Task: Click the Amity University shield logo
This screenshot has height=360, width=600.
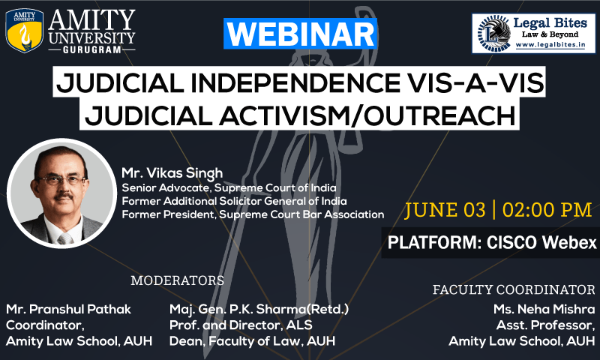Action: click(x=25, y=31)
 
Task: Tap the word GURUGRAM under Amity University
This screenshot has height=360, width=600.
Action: click(x=91, y=49)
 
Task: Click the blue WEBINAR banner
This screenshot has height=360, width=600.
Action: click(x=301, y=34)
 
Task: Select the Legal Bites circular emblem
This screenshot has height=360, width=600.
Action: click(x=494, y=34)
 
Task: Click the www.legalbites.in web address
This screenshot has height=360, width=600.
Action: click(x=550, y=45)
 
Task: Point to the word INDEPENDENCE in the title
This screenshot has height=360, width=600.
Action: click(x=295, y=82)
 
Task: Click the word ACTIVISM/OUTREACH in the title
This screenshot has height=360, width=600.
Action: click(x=367, y=115)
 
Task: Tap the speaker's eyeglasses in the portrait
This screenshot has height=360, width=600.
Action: click(x=61, y=180)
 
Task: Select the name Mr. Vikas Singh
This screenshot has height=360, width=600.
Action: click(x=172, y=173)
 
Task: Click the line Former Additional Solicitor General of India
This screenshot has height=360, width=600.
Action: click(x=234, y=201)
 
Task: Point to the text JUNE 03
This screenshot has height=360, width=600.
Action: click(x=445, y=210)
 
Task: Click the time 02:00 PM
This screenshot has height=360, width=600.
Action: click(x=547, y=210)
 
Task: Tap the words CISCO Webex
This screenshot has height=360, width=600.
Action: click(x=541, y=242)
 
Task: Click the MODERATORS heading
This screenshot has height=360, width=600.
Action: click(x=177, y=280)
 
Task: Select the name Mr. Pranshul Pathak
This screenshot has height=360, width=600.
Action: click(x=68, y=309)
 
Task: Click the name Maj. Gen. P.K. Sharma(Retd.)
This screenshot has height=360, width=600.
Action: click(x=259, y=309)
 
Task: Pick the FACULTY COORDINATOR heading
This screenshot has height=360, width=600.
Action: click(x=514, y=289)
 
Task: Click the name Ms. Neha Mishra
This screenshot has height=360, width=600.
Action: click(x=544, y=309)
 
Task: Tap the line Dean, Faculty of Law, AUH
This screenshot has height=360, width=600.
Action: click(x=252, y=340)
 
